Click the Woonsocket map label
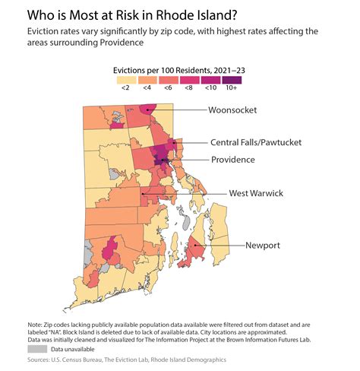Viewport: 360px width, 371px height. pos(233,110)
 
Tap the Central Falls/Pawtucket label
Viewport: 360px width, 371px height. pos(256,142)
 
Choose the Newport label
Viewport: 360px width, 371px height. pos(263,246)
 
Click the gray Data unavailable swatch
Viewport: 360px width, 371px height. pos(36,349)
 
